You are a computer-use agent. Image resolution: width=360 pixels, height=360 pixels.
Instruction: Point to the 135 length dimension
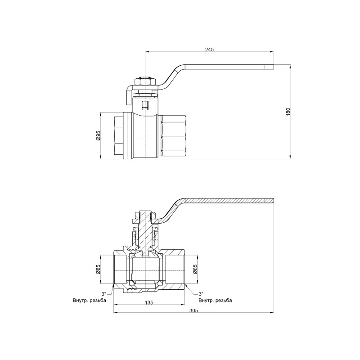pyautogui.click(x=148, y=303)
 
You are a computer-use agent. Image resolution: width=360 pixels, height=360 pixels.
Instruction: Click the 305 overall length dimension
pyautogui.click(x=193, y=310)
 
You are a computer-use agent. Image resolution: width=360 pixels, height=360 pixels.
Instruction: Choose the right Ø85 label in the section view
pyautogui.click(x=196, y=269)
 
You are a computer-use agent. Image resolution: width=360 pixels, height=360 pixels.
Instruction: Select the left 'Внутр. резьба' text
pyautogui.click(x=89, y=300)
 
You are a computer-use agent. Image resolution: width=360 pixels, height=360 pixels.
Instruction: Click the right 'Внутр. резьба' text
pyautogui.click(x=215, y=300)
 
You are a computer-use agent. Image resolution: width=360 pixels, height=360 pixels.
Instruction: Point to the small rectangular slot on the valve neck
pyautogui.click(x=145, y=106)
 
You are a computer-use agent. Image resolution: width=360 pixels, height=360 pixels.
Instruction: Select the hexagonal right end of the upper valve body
pyautogui.click(x=173, y=135)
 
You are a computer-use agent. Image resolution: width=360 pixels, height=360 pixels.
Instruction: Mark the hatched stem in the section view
pyautogui.click(x=145, y=229)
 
